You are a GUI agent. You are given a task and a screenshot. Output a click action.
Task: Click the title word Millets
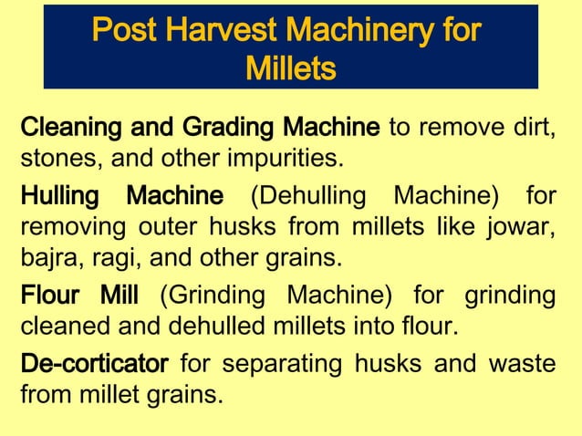[290, 67]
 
